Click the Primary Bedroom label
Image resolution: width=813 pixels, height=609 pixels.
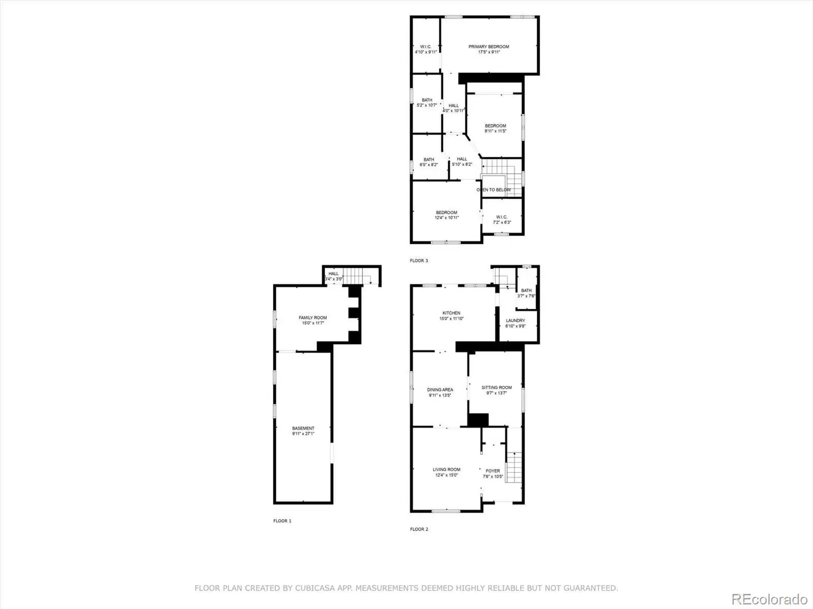coord(488,47)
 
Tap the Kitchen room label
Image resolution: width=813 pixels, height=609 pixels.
coord(451,313)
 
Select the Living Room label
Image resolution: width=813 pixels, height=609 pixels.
coord(446,469)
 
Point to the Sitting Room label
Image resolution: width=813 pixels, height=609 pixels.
coord(496,388)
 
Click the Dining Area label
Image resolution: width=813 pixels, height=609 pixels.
coord(440,390)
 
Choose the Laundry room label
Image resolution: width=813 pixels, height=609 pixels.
coord(515,321)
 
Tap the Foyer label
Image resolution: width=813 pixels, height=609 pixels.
coord(492,471)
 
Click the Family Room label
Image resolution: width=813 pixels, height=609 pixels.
coord(312,318)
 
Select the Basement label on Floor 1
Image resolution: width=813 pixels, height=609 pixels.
coord(303,428)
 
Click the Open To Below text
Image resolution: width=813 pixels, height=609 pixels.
coord(493,190)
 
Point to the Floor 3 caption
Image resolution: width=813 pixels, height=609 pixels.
coord(419,261)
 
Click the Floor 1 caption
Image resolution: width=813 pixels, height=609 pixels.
coord(282,521)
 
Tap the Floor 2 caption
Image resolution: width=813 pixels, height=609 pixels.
coord(419,529)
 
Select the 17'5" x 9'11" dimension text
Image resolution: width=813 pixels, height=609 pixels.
coord(489,52)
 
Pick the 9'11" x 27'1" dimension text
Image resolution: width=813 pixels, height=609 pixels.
coord(303,434)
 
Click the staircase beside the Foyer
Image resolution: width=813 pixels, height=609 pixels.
coord(514,467)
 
